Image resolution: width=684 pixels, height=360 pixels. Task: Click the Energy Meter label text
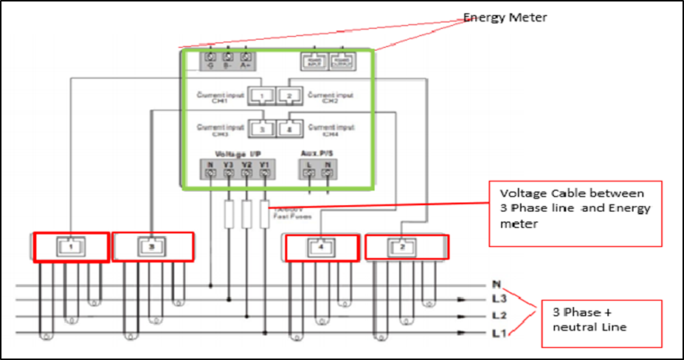tap(505, 17)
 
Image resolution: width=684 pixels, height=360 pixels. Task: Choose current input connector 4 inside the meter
tap(289, 128)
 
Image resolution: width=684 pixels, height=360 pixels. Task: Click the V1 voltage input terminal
tap(264, 173)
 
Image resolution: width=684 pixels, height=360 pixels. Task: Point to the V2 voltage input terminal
tap(246, 173)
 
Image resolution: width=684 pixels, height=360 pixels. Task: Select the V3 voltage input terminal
tap(228, 173)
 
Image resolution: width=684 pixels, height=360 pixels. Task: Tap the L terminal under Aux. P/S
tap(310, 173)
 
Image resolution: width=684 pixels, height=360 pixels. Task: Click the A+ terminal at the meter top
tap(246, 58)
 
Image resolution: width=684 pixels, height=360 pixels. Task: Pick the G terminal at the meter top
tap(210, 58)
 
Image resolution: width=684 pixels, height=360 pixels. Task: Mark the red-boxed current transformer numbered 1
tap(71, 247)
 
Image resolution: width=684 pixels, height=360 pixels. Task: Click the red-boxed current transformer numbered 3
tap(153, 247)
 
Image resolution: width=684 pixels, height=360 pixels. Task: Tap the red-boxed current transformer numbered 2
tap(401, 247)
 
